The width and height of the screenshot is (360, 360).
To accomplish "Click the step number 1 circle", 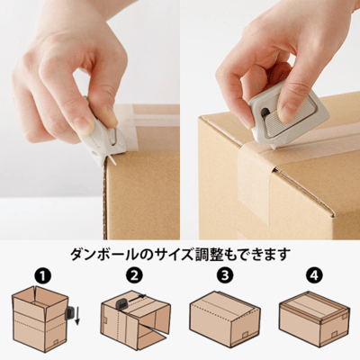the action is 44,275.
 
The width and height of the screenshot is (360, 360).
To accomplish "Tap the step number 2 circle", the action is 134,275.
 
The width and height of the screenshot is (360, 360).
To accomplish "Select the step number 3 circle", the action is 224,275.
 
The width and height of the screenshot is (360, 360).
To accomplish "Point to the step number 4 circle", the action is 314,275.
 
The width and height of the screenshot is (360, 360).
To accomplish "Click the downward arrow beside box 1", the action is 77,315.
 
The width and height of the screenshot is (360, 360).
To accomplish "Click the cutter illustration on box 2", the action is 121,304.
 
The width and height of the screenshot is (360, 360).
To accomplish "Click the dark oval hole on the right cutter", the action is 265,112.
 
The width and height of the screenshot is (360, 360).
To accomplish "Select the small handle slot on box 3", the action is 245,334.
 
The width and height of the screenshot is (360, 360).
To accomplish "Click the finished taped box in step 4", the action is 314,319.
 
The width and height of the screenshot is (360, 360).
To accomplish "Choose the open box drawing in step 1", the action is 40,319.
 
